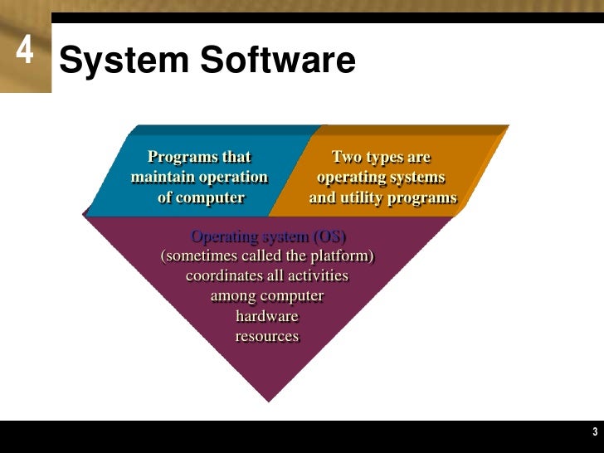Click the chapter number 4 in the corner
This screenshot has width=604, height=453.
pos(24,51)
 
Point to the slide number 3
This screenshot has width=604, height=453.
pos(595,431)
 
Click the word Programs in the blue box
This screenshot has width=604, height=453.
pos(177,157)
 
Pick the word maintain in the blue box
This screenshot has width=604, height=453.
pos(163,177)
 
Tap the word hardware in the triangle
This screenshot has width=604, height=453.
pos(267,316)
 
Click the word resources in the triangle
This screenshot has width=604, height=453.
pos(267,336)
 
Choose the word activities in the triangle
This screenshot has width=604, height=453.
pos(316,275)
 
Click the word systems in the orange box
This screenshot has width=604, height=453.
pos(416,177)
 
